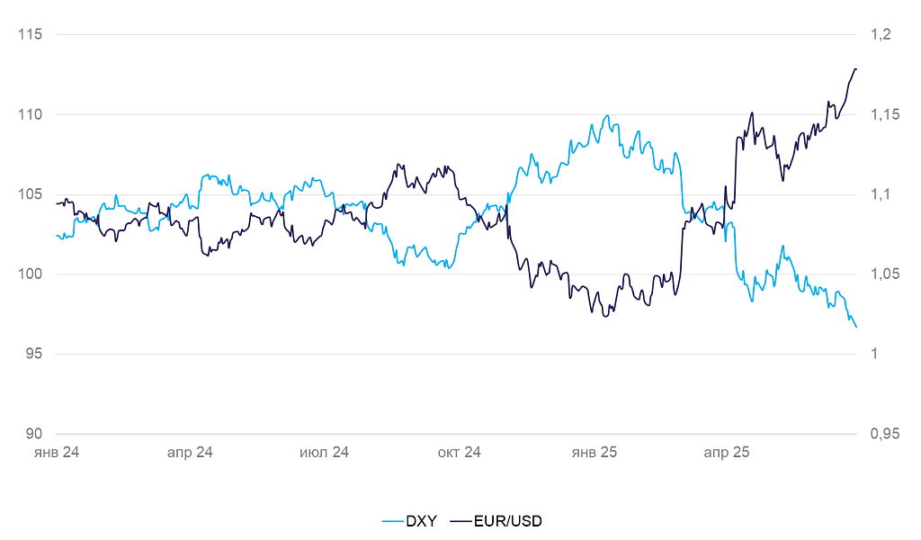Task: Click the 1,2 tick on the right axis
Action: tap(880, 35)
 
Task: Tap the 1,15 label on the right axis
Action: tap(884, 115)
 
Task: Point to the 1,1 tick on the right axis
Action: tap(880, 194)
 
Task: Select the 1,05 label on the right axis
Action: tap(884, 274)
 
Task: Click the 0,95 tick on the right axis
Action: tap(884, 434)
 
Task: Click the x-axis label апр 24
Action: tap(190, 452)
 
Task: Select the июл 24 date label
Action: tap(324, 452)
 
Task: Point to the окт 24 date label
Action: tap(460, 452)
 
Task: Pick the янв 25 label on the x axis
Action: tap(595, 452)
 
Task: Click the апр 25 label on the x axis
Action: tap(727, 452)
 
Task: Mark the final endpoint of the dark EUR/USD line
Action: tap(856, 69)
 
